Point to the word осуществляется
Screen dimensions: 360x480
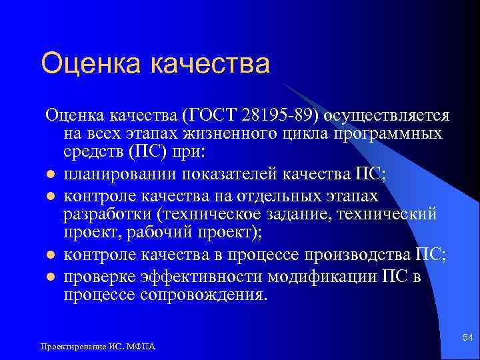point(389,115)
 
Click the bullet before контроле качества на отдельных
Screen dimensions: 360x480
point(49,197)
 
